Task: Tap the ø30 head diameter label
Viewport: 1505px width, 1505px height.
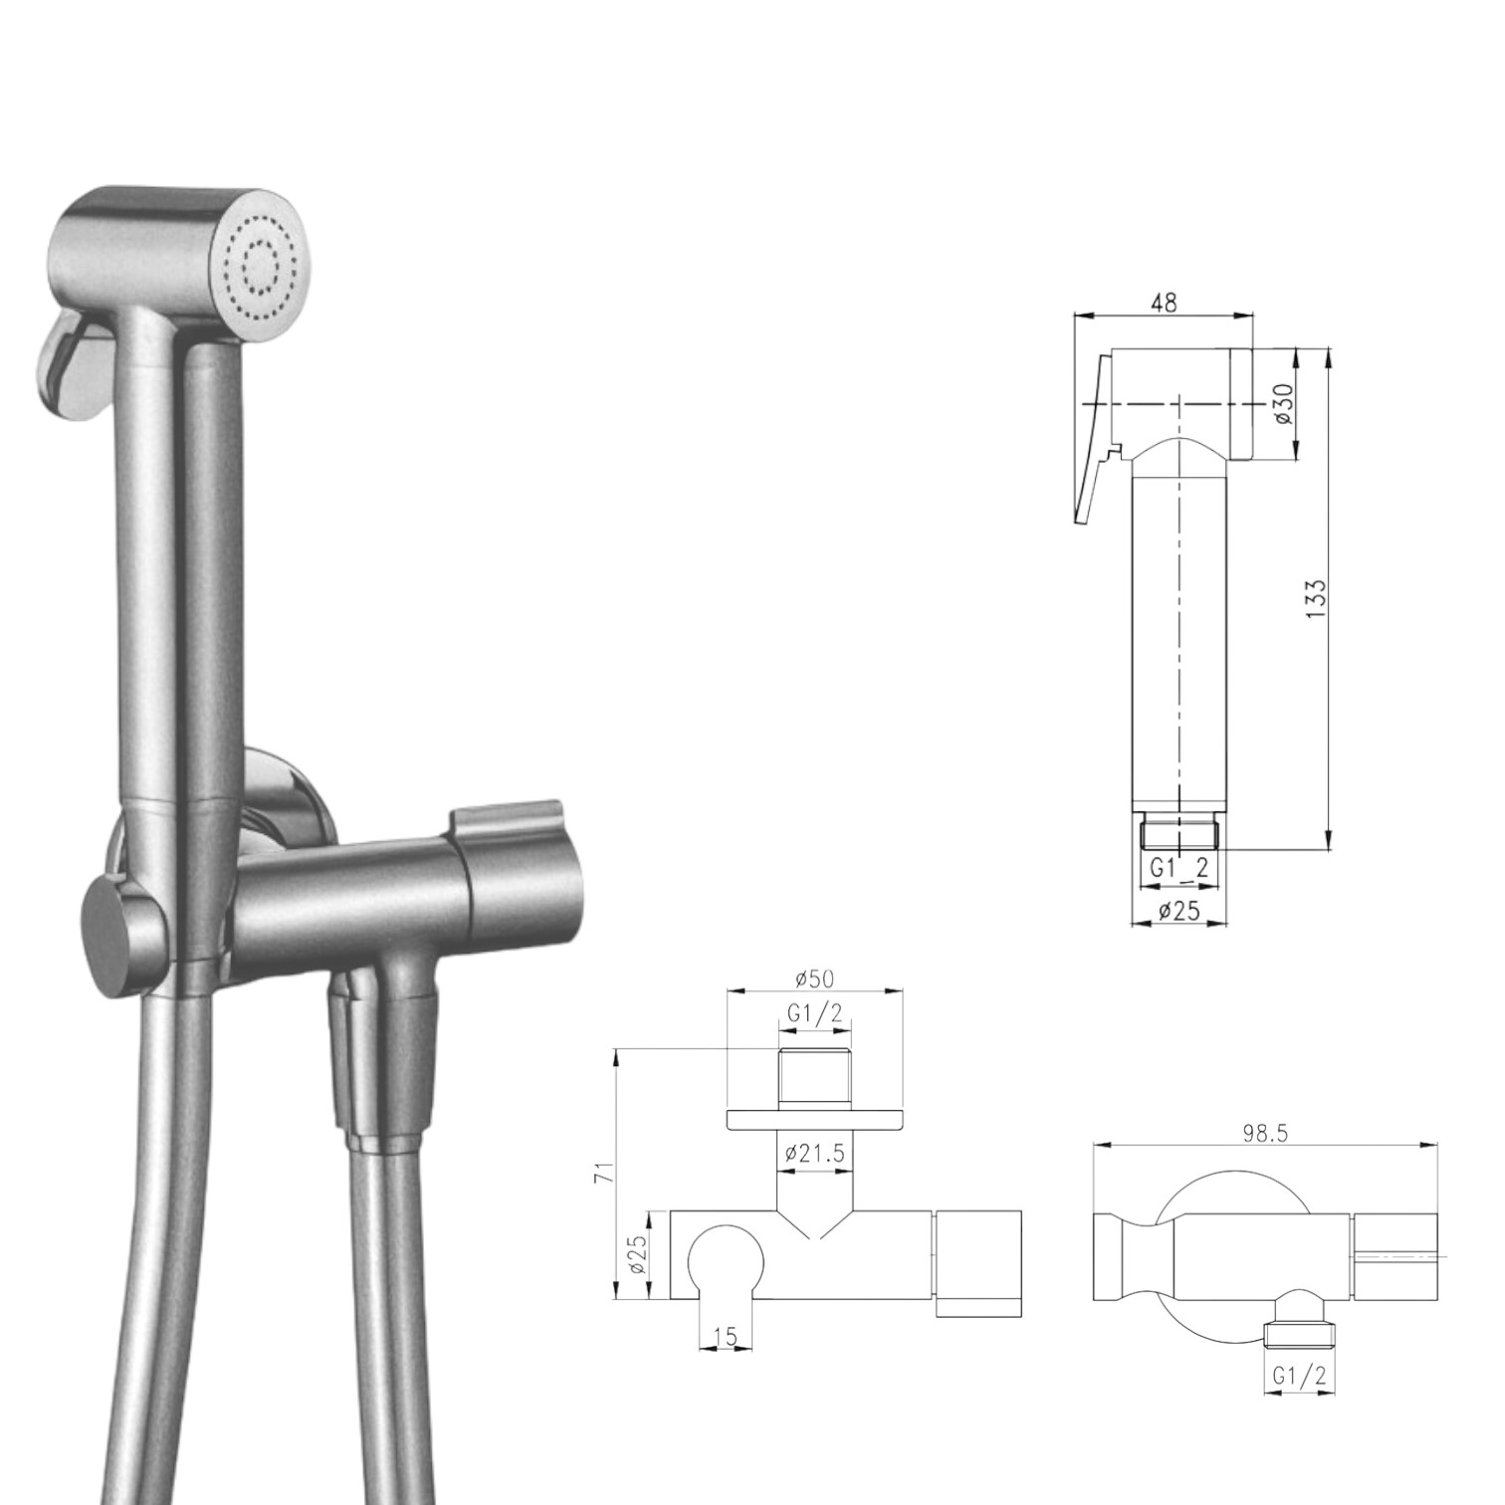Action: point(1284,403)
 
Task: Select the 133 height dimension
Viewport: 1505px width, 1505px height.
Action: point(1315,599)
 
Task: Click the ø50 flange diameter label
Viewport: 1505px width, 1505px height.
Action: point(814,978)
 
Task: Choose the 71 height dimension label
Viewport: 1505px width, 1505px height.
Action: point(603,1173)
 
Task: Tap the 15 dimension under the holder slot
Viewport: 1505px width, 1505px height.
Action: point(726,1337)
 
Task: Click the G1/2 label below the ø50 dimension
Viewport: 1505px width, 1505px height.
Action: point(814,1013)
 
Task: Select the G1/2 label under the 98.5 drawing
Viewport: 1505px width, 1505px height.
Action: point(1299,1377)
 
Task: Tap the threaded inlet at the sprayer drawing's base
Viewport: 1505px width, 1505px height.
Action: point(1179,832)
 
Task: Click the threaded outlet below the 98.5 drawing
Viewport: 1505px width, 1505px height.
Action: point(1298,1336)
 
